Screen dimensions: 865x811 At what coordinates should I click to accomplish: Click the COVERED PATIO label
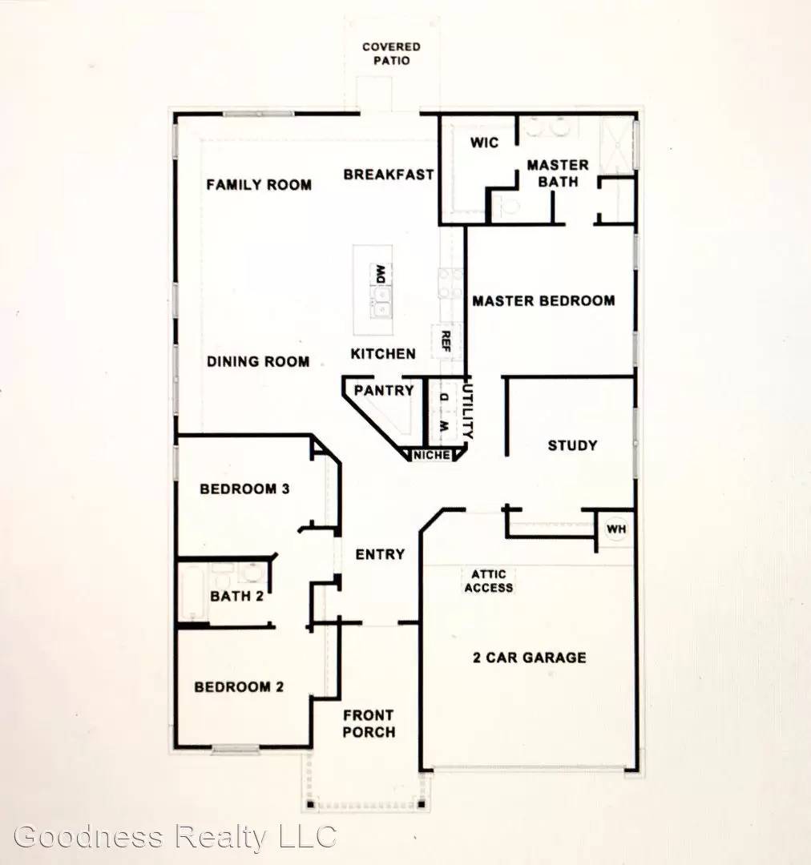coord(391,53)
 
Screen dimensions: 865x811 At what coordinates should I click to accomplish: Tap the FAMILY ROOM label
coord(259,185)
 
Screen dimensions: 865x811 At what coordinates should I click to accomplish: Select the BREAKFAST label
coord(389,174)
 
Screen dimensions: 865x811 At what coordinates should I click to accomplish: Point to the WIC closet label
coord(484,143)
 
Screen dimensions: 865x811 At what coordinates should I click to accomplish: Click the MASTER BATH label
coord(557,173)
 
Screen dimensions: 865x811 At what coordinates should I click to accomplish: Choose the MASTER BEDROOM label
coord(543,301)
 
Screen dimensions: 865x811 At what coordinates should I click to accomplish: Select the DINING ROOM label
coord(258,361)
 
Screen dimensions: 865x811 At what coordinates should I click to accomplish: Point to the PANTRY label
coord(384,391)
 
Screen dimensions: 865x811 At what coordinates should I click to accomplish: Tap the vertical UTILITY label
coord(470,409)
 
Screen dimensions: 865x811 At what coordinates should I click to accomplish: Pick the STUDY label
coord(572,445)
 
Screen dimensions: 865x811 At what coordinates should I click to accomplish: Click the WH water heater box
coord(615,529)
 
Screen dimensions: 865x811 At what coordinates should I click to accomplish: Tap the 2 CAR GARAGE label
coord(528,658)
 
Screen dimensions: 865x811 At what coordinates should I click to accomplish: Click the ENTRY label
coord(380,554)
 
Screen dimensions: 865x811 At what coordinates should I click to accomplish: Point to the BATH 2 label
coord(236,596)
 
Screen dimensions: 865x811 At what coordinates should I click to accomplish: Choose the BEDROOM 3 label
coord(244,489)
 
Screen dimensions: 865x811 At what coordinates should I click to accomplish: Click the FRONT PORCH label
coord(369,723)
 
